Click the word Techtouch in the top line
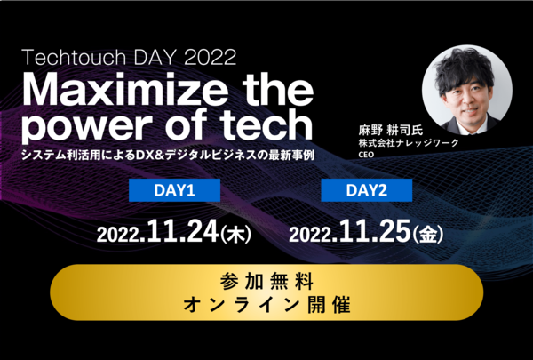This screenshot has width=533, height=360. coord(74,57)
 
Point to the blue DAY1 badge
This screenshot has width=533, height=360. coord(174,190)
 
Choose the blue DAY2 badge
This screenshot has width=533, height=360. coord(366,190)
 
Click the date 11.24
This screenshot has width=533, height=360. coord(183,231)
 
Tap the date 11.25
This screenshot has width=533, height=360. coord(375,231)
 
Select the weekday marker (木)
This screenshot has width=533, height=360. coord(235,234)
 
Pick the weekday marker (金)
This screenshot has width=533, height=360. coord(427,234)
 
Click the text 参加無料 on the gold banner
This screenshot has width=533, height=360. coord(266,282)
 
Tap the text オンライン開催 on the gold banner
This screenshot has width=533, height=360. coord(266,305)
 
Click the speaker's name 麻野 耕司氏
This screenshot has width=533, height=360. coord(391,131)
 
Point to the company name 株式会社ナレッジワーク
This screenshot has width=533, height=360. coord(409,143)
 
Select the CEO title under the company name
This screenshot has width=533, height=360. coord(366,155)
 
